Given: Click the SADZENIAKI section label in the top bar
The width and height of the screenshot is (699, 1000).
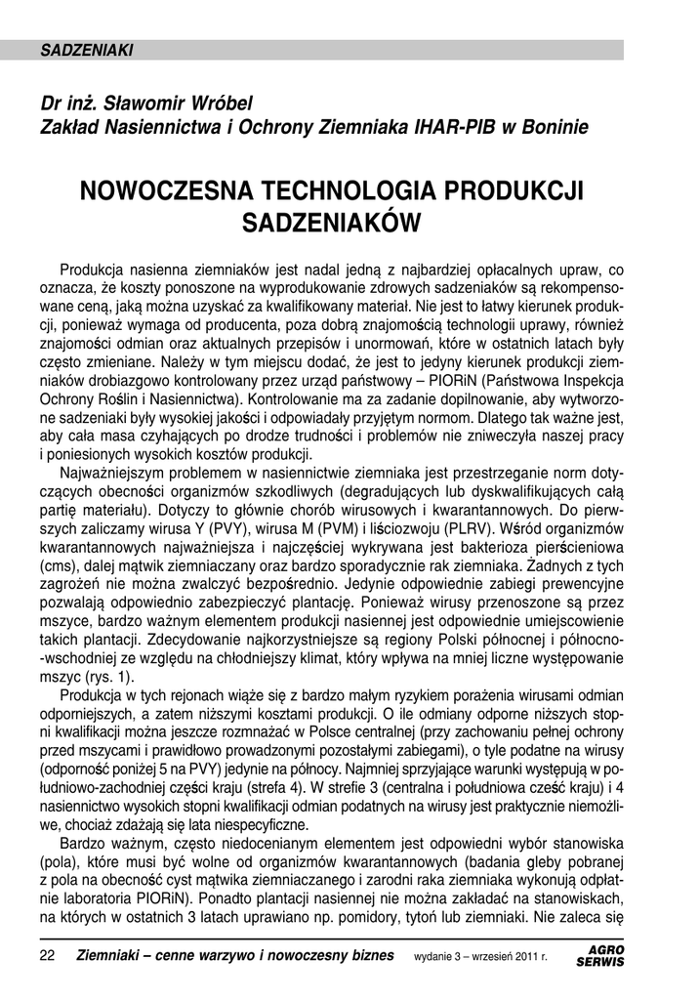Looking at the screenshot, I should tap(87, 50).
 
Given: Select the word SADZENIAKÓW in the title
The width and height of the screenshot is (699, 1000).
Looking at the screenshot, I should tap(331, 224).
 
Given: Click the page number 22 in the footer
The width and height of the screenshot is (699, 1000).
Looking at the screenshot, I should tap(47, 954).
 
